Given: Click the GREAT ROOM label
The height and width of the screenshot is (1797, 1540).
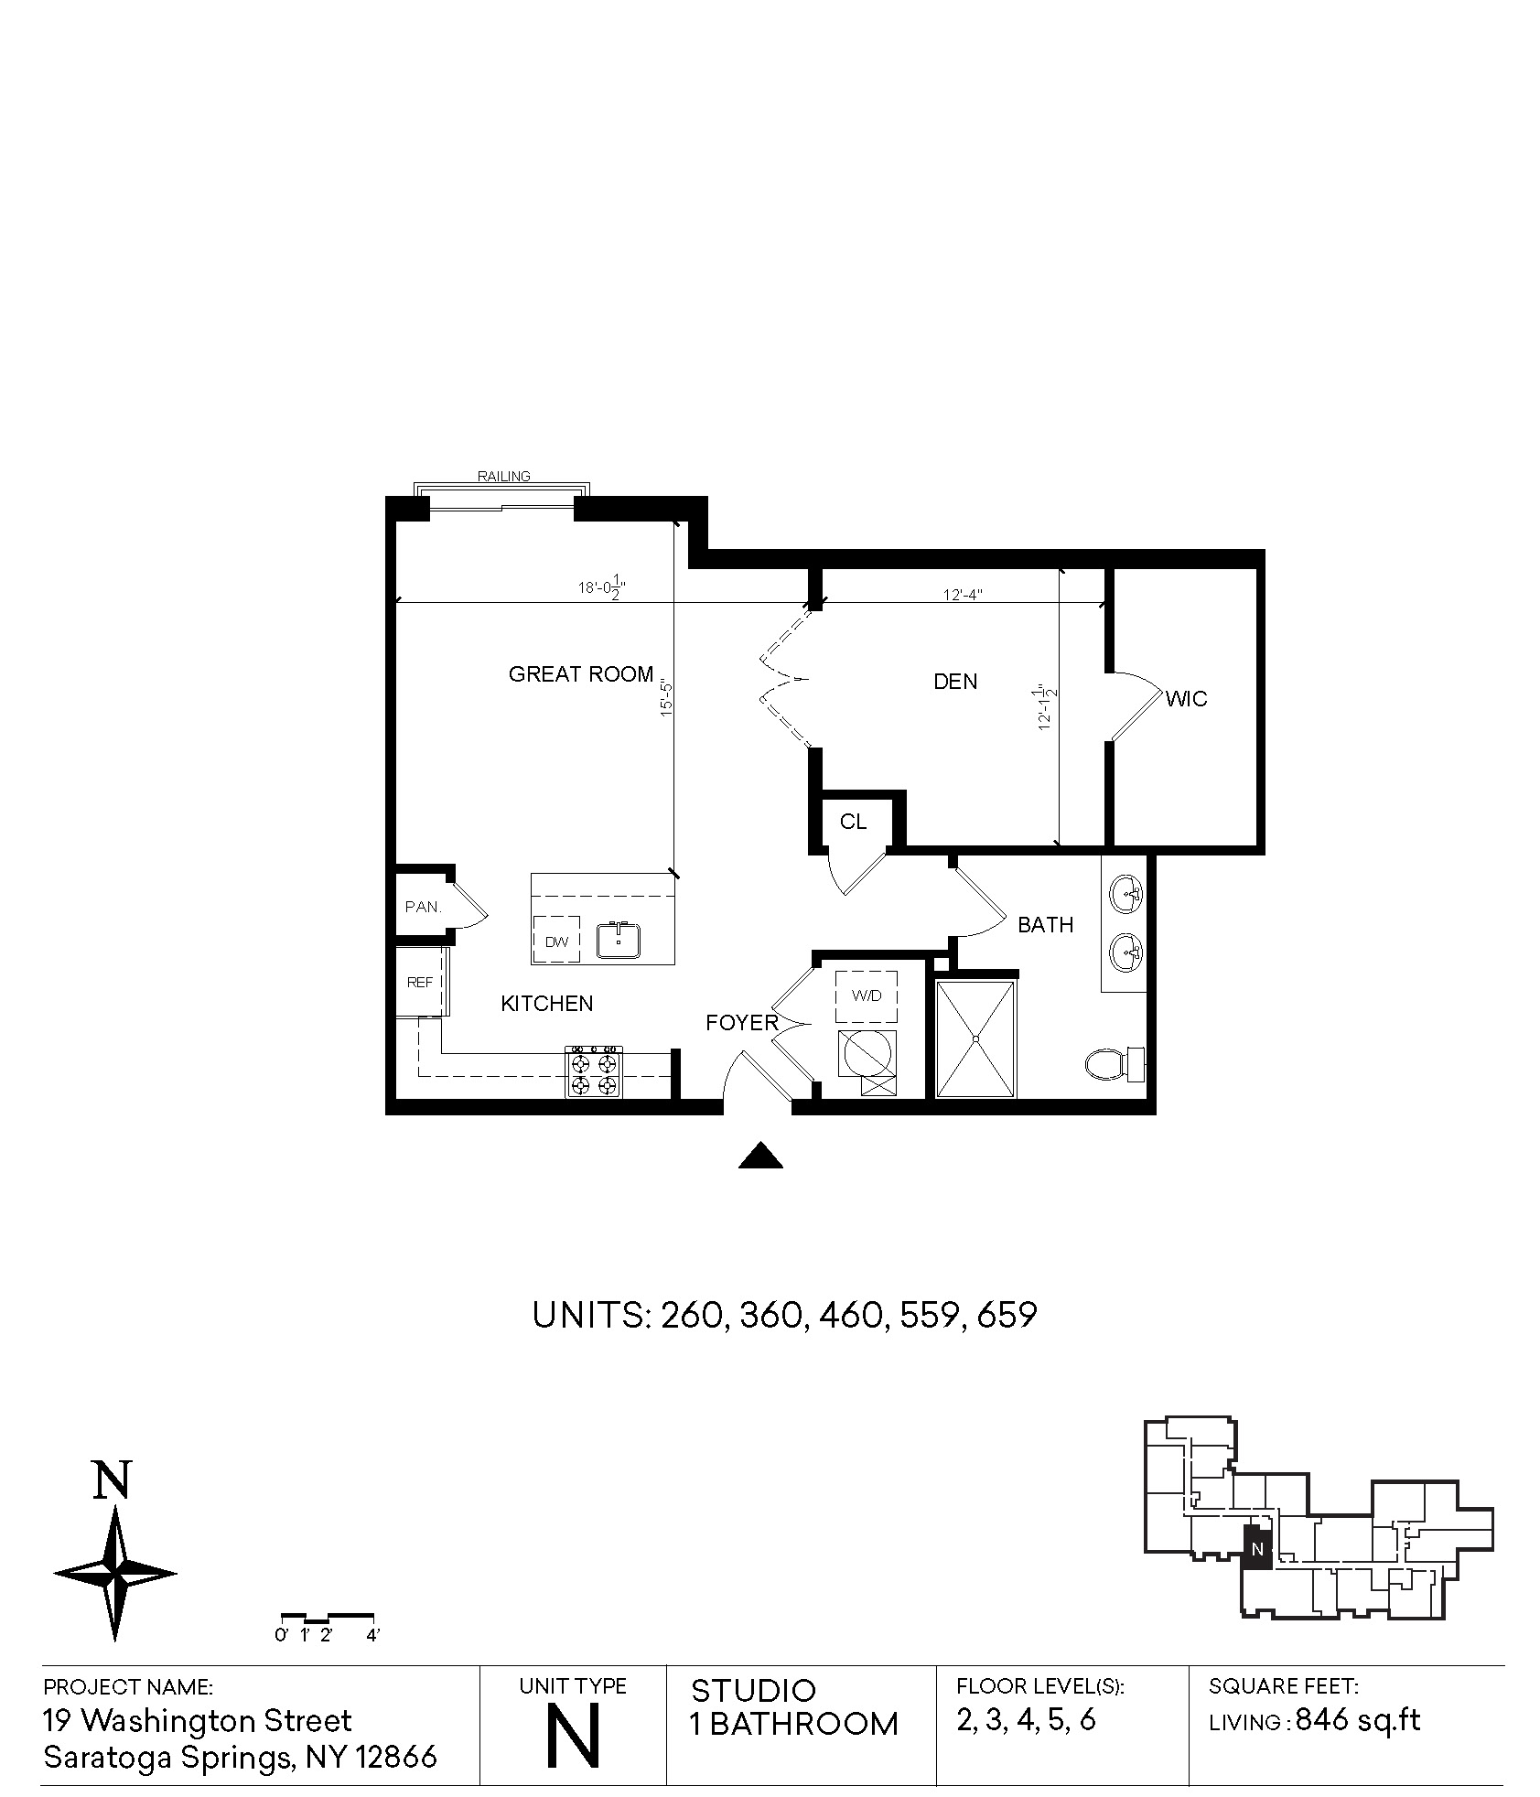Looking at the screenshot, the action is (581, 675).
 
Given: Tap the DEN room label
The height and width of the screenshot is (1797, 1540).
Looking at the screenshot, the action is (955, 682).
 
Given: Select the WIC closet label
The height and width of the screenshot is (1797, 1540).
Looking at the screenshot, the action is (1187, 699).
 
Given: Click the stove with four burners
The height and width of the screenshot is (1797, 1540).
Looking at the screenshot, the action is (594, 1071).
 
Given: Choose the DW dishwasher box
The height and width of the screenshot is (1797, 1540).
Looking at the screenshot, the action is (556, 940).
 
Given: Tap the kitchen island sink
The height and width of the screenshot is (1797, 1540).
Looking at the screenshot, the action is (619, 940).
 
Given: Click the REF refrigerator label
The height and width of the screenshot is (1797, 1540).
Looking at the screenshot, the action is (420, 983).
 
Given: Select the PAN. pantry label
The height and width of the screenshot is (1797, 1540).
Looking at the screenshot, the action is (424, 908).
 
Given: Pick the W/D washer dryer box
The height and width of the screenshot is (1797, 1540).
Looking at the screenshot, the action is (867, 996).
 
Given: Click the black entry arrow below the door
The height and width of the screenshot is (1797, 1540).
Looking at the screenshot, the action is (761, 1157).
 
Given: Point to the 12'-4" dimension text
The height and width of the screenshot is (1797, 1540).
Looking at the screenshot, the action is (963, 595).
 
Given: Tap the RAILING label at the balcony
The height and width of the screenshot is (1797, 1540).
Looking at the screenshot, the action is (504, 476).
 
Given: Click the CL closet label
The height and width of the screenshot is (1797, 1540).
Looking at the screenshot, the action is (853, 822).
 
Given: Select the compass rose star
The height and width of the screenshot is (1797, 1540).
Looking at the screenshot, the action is (115, 1574).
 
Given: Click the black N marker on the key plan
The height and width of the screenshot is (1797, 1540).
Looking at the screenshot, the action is (1257, 1549).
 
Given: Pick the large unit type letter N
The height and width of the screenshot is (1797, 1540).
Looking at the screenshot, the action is (573, 1736).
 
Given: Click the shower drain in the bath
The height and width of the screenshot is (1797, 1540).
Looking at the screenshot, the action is (976, 1039).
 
